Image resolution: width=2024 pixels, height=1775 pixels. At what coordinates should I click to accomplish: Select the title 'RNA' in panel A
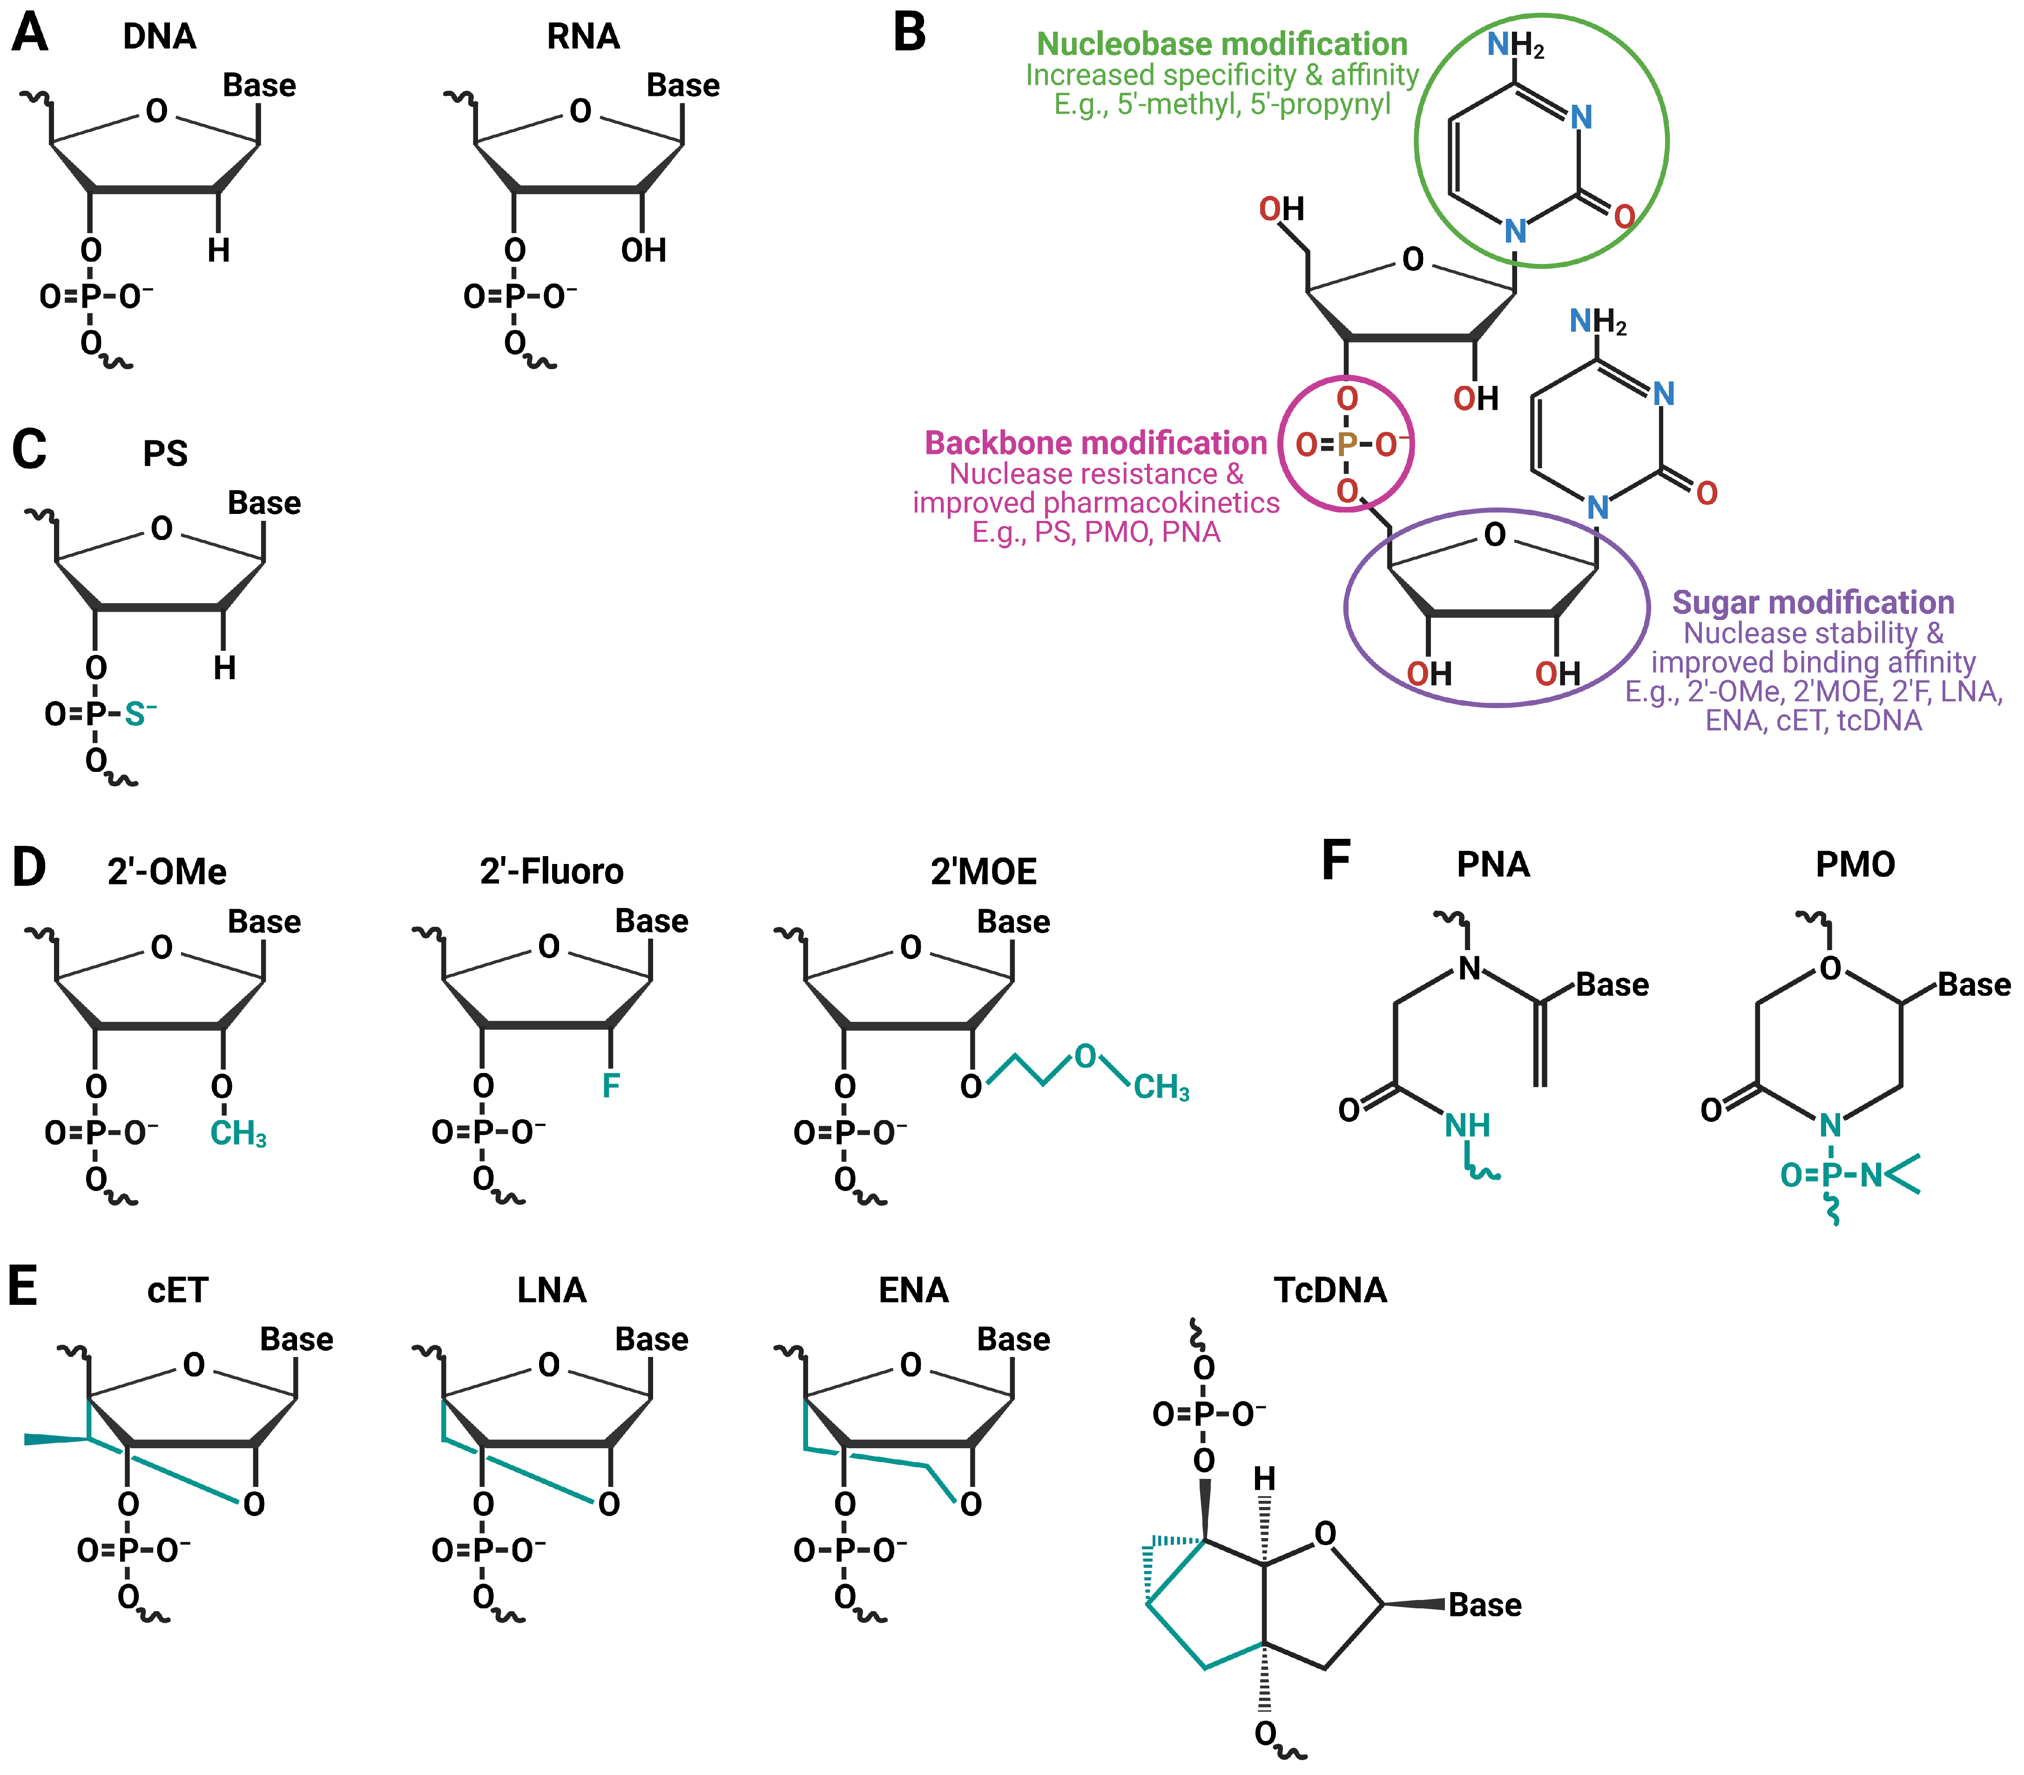[x=583, y=37]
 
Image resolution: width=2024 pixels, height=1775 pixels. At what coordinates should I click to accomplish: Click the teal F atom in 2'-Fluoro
[x=611, y=1087]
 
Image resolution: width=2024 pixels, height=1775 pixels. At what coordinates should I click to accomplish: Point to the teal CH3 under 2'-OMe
[x=238, y=1134]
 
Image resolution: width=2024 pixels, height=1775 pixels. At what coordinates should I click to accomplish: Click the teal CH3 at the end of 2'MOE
[x=1160, y=1088]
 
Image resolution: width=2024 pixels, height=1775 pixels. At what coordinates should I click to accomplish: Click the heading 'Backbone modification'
[x=1095, y=444]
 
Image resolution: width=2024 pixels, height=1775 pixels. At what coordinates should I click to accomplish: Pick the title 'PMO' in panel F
[x=1855, y=865]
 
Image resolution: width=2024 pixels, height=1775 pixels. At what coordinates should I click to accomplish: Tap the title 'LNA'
[x=552, y=1291]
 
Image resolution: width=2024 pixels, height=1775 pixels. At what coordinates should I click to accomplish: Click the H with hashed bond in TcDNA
[x=1264, y=1479]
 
